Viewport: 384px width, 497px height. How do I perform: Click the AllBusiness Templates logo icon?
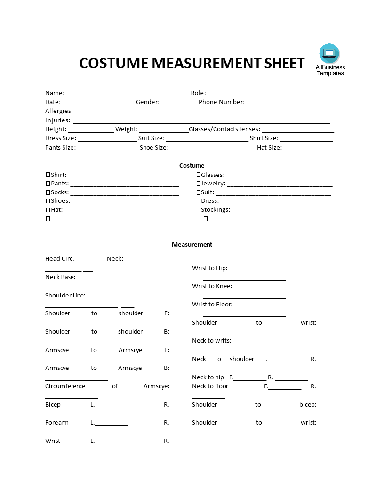(x=329, y=54)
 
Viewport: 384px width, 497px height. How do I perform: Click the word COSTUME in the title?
(x=113, y=63)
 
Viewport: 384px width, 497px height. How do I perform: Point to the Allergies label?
(x=59, y=111)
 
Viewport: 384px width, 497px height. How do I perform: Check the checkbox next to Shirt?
(x=48, y=175)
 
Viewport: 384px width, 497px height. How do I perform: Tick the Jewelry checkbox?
(x=199, y=184)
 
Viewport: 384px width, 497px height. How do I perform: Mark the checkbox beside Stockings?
(x=199, y=210)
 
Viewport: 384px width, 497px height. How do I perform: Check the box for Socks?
(x=48, y=192)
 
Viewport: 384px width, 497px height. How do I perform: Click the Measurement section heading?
(x=192, y=244)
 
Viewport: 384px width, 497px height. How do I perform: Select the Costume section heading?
(x=192, y=165)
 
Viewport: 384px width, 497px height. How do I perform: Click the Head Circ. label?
(x=60, y=259)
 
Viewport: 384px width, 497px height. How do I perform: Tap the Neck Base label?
(x=60, y=277)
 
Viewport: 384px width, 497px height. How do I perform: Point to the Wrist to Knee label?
(x=212, y=286)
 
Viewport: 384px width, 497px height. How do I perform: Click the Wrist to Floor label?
(x=212, y=305)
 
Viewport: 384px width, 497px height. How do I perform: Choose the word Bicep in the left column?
(x=53, y=405)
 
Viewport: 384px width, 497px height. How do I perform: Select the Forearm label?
(x=57, y=423)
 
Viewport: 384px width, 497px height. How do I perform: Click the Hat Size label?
(x=269, y=148)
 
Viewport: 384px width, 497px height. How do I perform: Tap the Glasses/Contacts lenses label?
(x=224, y=129)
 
